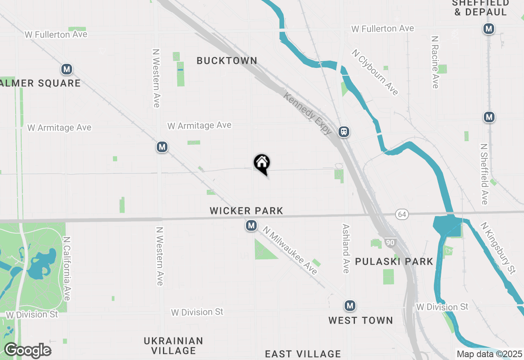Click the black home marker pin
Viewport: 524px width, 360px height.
(x=262, y=164)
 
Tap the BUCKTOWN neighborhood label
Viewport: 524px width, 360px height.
(x=227, y=61)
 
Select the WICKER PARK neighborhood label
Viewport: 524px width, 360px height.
(x=246, y=211)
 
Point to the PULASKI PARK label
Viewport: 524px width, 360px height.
(x=394, y=262)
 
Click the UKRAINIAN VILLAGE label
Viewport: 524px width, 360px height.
(x=173, y=346)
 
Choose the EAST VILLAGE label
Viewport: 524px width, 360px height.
(x=303, y=354)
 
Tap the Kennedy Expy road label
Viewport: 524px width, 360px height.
(x=308, y=113)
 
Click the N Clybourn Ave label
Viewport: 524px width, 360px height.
(x=375, y=72)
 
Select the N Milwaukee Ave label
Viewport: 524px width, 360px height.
(x=290, y=250)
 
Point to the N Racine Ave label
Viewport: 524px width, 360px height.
(x=435, y=62)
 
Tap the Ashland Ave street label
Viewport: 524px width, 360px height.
(x=346, y=248)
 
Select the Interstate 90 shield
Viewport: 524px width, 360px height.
(x=390, y=243)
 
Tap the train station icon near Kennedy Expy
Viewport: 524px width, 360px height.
(x=344, y=132)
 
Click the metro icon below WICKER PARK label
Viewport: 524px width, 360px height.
(x=251, y=225)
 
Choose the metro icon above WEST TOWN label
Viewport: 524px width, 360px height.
(x=349, y=306)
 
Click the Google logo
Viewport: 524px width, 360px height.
(x=27, y=351)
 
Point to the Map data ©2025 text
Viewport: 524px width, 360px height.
(x=489, y=354)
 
